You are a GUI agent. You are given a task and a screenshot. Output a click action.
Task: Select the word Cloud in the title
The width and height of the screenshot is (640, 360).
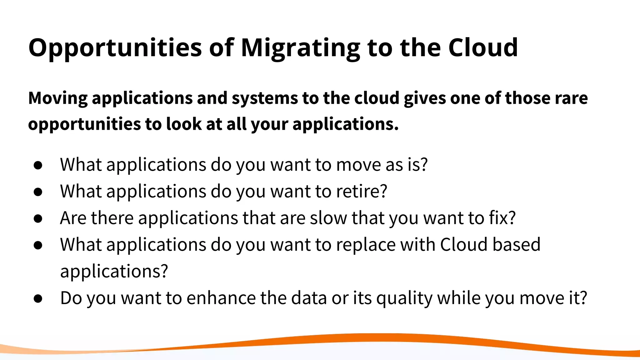(483, 47)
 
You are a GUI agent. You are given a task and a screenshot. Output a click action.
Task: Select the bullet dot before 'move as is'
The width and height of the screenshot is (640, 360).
(38, 165)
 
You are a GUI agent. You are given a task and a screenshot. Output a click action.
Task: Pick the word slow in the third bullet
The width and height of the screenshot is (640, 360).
(328, 218)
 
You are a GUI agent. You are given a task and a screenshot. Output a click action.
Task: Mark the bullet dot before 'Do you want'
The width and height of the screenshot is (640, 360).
(38, 299)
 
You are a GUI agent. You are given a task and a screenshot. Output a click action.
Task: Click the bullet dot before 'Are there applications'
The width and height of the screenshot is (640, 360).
(38, 219)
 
